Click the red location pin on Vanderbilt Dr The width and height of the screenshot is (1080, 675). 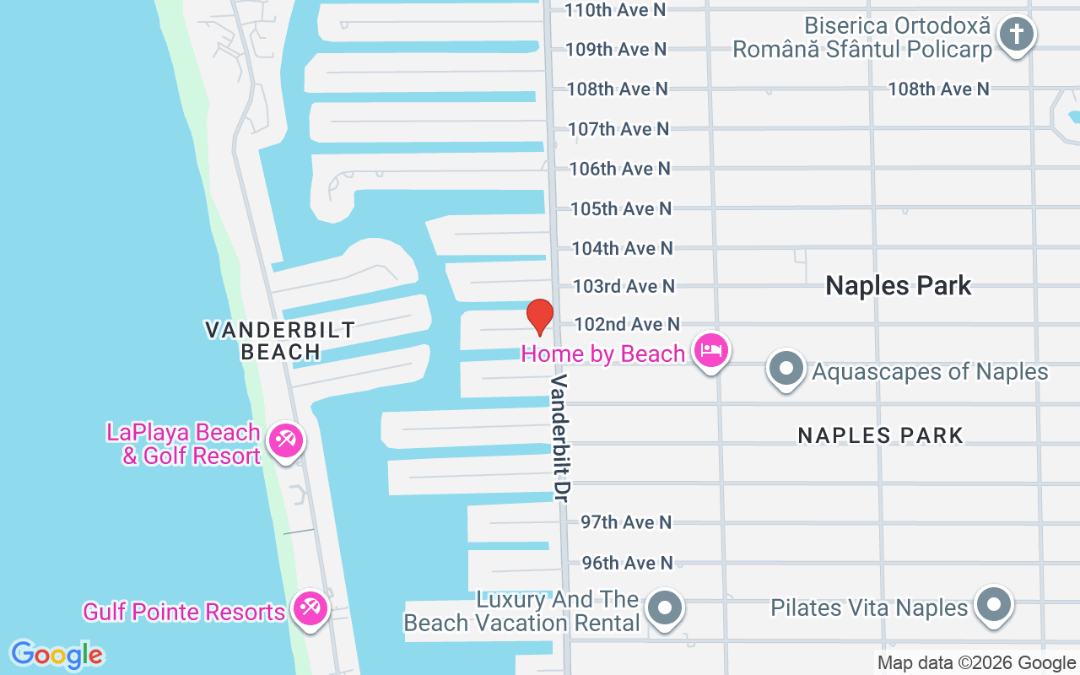(x=540, y=316)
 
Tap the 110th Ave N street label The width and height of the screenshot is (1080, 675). (x=615, y=9)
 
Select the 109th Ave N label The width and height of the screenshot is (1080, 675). (x=616, y=49)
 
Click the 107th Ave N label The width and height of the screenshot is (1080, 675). (x=618, y=128)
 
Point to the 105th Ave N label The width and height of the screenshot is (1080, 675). (x=621, y=208)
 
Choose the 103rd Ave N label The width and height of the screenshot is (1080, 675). (x=624, y=286)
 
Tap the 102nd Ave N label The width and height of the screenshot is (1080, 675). (x=626, y=324)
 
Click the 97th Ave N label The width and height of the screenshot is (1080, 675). (x=626, y=522)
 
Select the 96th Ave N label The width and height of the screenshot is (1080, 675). (x=627, y=562)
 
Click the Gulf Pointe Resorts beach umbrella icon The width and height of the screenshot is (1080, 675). (x=310, y=608)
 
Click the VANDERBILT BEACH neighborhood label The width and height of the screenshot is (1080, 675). (x=280, y=340)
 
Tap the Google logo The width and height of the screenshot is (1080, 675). (x=57, y=655)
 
